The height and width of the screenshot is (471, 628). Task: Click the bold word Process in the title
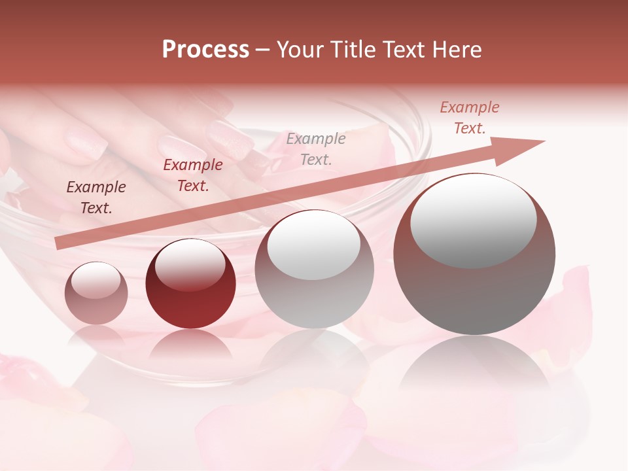[205, 50]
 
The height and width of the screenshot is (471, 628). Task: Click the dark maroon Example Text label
[96, 198]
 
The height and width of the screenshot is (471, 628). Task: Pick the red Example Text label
[193, 175]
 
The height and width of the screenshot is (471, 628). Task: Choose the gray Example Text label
[316, 148]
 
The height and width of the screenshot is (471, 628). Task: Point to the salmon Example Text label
[469, 118]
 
